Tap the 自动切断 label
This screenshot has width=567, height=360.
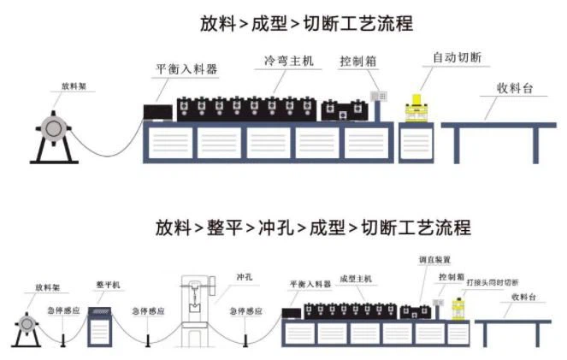point(457,57)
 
